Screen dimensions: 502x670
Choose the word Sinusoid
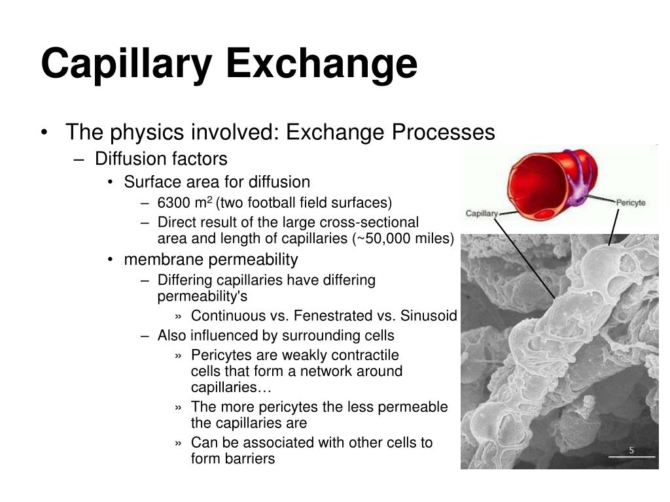pyautogui.click(x=426, y=316)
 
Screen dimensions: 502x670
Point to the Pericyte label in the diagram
pyautogui.click(x=630, y=203)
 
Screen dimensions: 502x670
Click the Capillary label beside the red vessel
pyautogui.click(x=482, y=213)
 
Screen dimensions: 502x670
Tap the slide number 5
pyautogui.click(x=631, y=450)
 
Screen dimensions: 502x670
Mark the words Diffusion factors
pyautogui.click(x=161, y=159)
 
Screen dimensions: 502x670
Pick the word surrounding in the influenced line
pyautogui.click(x=314, y=336)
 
